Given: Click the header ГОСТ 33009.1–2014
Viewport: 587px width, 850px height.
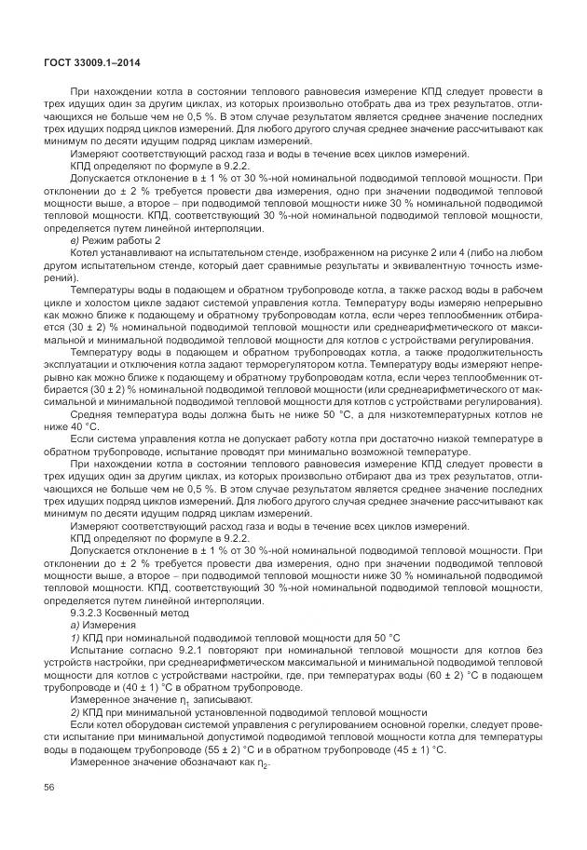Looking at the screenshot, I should pyautogui.click(x=87, y=61).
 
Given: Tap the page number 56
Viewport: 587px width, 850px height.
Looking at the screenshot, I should pyautogui.click(x=49, y=788).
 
